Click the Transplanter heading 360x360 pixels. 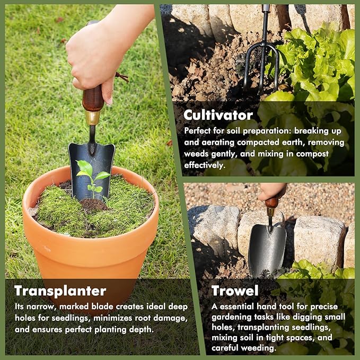click(60, 291)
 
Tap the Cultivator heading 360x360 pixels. click(218, 115)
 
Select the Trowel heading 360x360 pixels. click(235, 291)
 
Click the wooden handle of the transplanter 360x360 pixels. click(93, 98)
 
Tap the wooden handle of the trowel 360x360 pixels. click(273, 202)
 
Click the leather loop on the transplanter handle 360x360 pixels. click(121, 77)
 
